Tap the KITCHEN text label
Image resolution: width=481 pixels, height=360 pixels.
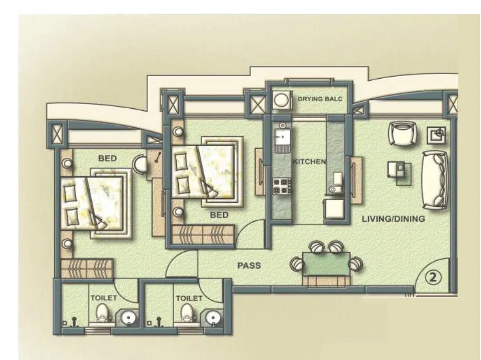tap(309, 162)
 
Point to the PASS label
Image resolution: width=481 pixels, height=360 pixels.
tap(249, 266)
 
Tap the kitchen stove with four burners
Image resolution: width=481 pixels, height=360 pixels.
tap(282, 185)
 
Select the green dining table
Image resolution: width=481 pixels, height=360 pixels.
tap(326, 264)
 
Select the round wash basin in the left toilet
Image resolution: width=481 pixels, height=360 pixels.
tap(128, 318)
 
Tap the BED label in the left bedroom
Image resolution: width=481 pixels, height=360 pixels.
tap(107, 158)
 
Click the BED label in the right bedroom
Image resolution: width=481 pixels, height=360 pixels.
tap(219, 215)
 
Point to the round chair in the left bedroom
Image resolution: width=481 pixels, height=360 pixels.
tap(140, 164)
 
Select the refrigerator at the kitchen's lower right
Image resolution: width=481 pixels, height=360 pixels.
tap(334, 208)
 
